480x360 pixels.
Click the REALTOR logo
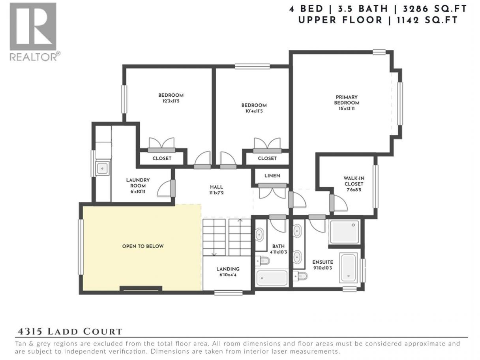35,32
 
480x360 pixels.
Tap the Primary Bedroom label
347,100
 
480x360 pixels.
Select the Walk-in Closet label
354,181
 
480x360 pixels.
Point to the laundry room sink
102,168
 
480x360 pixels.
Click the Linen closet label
272,176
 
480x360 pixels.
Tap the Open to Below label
143,246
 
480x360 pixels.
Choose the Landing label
228,269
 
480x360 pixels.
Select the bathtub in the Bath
272,278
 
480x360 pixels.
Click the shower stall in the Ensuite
345,232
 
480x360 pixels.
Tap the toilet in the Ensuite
300,276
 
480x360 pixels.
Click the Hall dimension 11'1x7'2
216,193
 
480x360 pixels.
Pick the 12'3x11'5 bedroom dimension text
171,101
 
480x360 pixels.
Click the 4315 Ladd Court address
70,332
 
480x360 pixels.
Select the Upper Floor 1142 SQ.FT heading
378,20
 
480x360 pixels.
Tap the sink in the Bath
259,234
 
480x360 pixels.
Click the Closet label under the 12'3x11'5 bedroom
162,158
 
